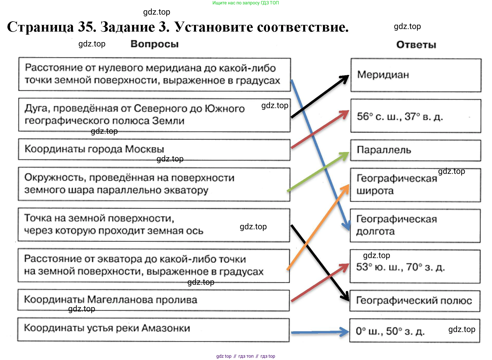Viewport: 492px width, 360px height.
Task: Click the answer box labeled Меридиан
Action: tap(416, 75)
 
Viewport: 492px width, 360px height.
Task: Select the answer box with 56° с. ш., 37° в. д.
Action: tap(416, 116)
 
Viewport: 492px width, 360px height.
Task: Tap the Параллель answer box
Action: tap(416, 150)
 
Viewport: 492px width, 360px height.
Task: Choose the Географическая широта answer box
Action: tap(415, 185)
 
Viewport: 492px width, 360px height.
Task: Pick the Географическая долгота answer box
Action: tap(415, 225)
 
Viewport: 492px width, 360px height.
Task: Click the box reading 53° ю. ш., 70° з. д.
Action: tap(415, 267)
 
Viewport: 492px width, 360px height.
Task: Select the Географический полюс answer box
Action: tap(415, 301)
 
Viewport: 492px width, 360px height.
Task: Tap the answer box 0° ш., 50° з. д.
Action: tap(415, 331)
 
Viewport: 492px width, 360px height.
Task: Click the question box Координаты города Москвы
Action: tap(154, 150)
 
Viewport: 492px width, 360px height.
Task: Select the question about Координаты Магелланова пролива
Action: tap(154, 300)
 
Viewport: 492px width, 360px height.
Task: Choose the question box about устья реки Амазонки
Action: tap(153, 330)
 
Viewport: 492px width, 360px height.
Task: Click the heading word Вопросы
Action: tap(154, 44)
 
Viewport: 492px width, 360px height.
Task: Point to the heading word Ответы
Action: tap(416, 45)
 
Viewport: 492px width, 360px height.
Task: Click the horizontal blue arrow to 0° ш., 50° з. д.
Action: tap(319, 332)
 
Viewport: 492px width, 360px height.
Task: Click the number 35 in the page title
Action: tap(87, 27)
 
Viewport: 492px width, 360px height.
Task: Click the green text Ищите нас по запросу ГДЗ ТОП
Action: tap(245, 3)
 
